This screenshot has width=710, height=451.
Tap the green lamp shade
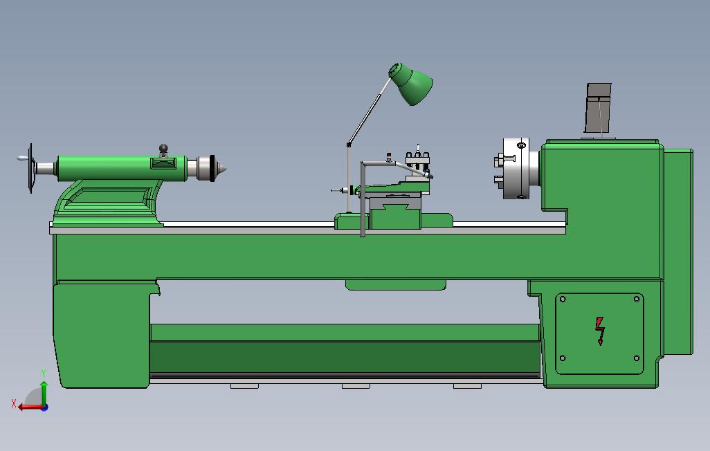pos(410,84)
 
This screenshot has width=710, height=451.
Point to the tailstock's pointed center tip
pos(225,169)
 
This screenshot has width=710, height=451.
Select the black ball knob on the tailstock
pos(163,148)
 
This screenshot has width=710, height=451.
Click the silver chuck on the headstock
pos(516,169)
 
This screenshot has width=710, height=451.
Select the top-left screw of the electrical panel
pos(563,300)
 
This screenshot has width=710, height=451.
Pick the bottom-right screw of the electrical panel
pos(637,358)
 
